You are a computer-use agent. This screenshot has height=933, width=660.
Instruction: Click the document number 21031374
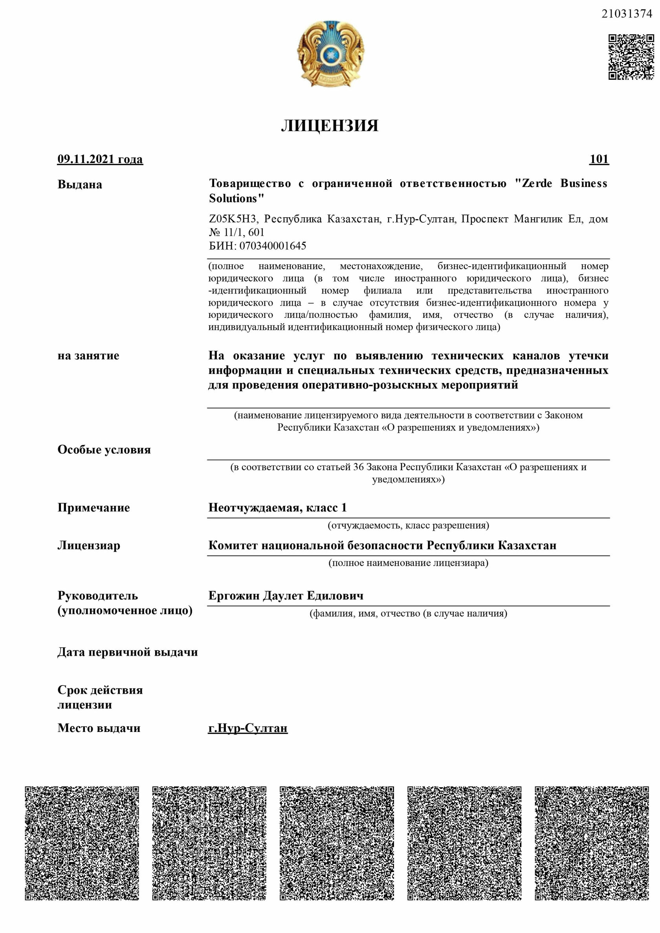pyautogui.click(x=627, y=14)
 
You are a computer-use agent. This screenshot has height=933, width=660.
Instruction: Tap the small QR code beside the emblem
pyautogui.click(x=631, y=57)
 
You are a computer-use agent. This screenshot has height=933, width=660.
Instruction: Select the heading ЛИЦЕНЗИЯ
pyautogui.click(x=330, y=126)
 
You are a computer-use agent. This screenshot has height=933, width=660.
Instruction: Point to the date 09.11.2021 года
pyautogui.click(x=100, y=159)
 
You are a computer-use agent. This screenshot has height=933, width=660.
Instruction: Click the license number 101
pyautogui.click(x=599, y=159)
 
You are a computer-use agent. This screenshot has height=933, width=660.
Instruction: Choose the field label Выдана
pyautogui.click(x=80, y=185)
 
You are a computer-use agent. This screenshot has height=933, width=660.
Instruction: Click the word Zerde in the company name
pyautogui.click(x=537, y=183)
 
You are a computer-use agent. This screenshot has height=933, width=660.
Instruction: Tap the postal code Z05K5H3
pyautogui.click(x=233, y=219)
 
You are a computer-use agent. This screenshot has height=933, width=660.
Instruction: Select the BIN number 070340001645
pyautogui.click(x=273, y=246)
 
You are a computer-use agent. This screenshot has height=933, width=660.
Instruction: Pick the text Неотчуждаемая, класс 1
pyautogui.click(x=278, y=508)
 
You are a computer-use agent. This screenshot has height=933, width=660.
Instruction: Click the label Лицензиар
pyautogui.click(x=89, y=545)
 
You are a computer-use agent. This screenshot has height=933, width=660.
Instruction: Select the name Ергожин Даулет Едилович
pyautogui.click(x=286, y=596)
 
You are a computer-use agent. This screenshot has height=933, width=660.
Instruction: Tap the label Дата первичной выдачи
pyautogui.click(x=127, y=652)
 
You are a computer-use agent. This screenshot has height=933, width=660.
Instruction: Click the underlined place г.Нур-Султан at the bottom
pyautogui.click(x=248, y=728)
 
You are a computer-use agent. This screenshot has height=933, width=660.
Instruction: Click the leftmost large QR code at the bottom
pyautogui.click(x=82, y=843)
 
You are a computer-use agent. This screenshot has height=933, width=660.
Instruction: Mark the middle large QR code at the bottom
pyautogui.click(x=337, y=843)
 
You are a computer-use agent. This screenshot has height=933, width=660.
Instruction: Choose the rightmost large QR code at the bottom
pyautogui.click(x=592, y=843)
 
